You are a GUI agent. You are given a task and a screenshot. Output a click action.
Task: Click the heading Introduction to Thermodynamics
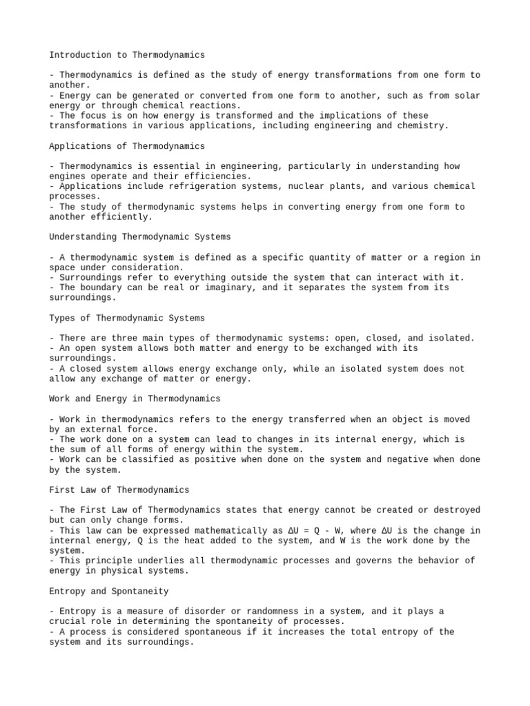tap(127, 54)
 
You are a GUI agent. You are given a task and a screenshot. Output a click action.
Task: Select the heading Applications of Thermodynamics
tap(127, 145)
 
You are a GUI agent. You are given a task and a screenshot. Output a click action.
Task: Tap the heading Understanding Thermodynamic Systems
tap(140, 236)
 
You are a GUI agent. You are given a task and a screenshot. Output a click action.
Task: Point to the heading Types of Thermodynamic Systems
tap(127, 318)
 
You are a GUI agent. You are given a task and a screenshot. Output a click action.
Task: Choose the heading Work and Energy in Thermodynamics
tap(135, 399)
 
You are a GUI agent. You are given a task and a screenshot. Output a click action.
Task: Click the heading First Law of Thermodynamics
tap(119, 490)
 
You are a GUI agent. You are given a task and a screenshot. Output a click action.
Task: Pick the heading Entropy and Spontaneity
tap(109, 591)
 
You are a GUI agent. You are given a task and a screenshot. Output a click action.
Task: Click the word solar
tap(468, 95)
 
